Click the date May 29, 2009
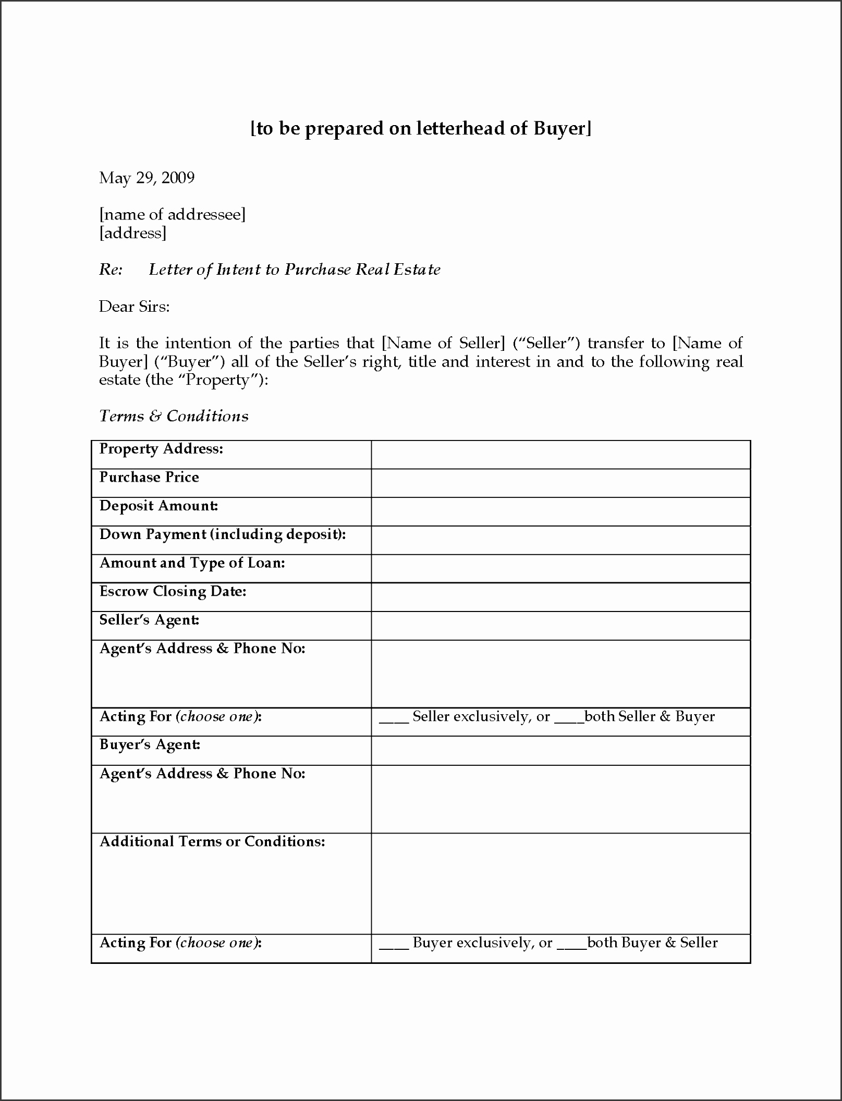coord(147,178)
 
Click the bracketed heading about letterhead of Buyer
coord(421,128)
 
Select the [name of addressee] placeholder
coord(172,214)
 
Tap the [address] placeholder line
coord(132,233)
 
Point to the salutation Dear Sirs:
coord(135,307)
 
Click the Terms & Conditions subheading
coord(174,416)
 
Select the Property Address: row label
coord(161,449)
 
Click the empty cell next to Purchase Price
coord(560,483)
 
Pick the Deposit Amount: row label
coord(158,506)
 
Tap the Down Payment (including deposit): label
coord(223,534)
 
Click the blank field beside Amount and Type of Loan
coord(560,568)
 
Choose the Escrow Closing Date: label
coord(173,591)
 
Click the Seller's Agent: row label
coord(149,620)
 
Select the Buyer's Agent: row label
coord(150,744)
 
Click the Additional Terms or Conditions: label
coord(212,841)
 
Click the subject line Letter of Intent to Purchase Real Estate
coord(295,270)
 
